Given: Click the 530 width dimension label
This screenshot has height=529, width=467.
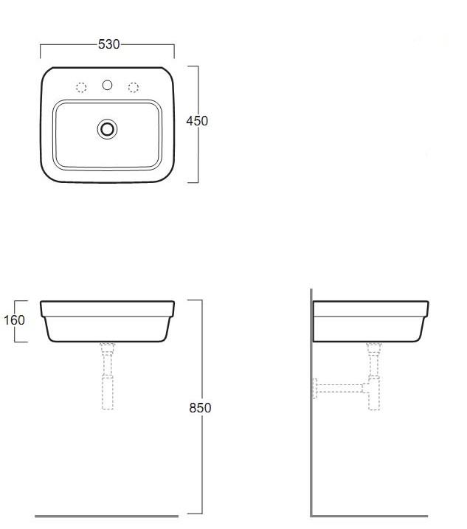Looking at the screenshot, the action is click(x=108, y=44).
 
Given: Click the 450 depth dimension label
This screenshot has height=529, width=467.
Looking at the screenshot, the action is click(x=197, y=121).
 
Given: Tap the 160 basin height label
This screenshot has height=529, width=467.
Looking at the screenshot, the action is click(x=14, y=319).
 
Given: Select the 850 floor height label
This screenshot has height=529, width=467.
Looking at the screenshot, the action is click(x=200, y=407).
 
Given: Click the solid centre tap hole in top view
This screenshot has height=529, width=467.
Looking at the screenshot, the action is click(x=107, y=85).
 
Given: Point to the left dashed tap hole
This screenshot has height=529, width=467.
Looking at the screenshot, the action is click(x=81, y=87).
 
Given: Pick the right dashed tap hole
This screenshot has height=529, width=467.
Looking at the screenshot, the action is click(x=134, y=87).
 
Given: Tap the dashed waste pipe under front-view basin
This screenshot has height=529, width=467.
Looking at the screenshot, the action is click(x=107, y=376).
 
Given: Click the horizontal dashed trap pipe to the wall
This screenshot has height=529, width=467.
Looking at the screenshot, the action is click(x=339, y=388).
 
